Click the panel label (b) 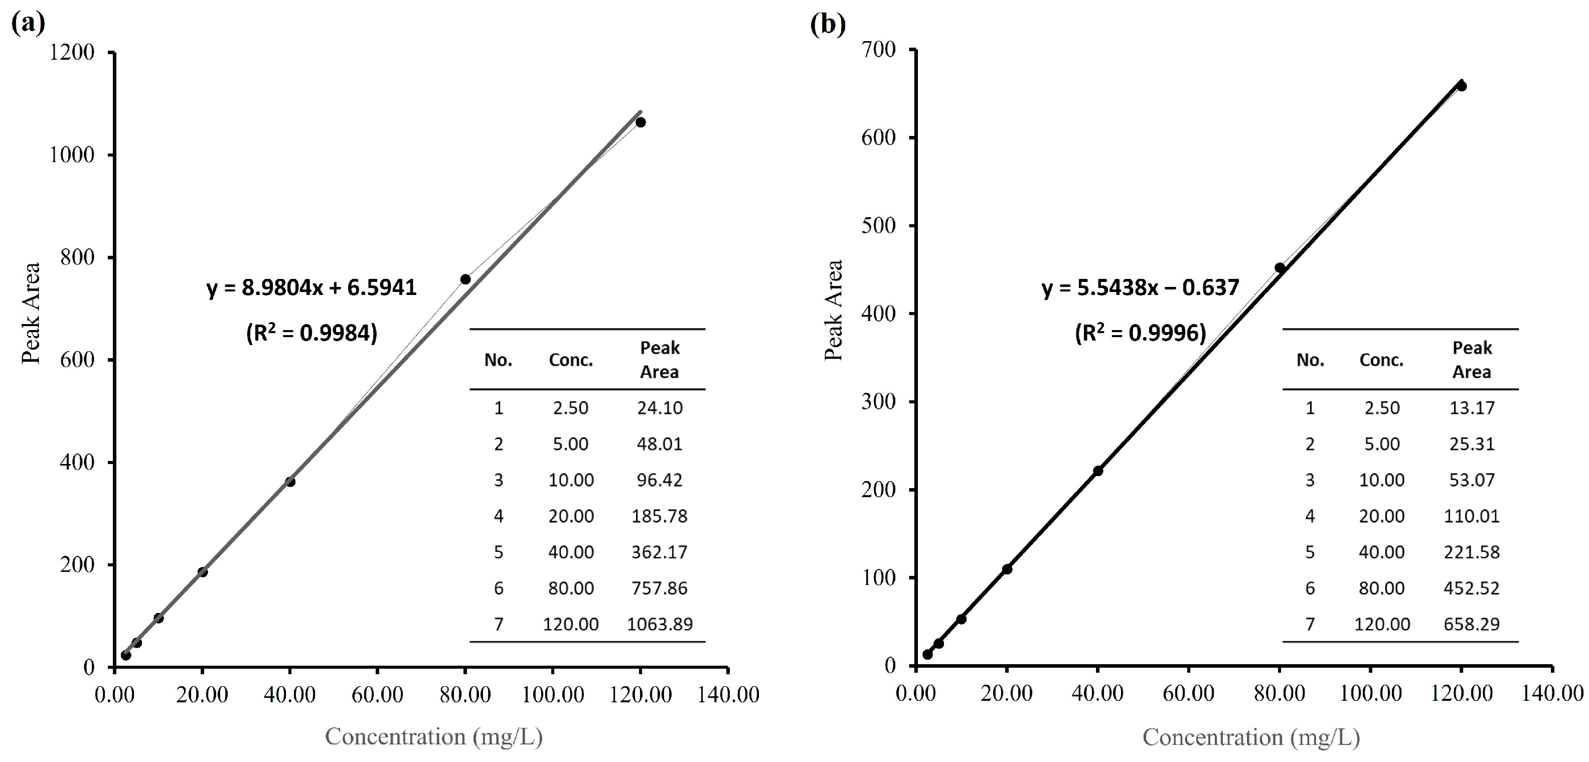[828, 24]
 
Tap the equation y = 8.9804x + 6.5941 [311, 287]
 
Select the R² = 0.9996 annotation [1140, 333]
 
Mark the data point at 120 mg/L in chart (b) [1461, 86]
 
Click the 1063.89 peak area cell [660, 625]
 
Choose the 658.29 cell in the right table [1471, 625]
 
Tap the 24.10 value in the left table [660, 408]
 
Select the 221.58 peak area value [1471, 552]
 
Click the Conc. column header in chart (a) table [571, 360]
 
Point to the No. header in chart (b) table [1310, 360]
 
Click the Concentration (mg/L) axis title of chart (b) [1251, 737]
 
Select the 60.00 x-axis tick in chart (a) [378, 695]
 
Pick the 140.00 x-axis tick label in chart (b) [1552, 693]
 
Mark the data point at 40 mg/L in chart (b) [1098, 471]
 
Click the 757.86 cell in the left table [660, 588]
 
